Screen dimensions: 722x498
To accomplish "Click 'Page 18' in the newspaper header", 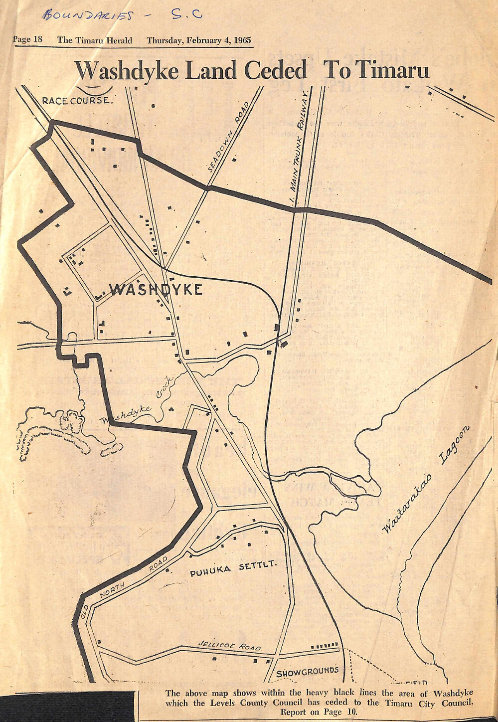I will coord(27,40).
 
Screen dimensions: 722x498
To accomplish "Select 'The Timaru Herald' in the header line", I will coord(95,40).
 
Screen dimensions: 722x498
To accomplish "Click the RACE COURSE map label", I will coord(78,101).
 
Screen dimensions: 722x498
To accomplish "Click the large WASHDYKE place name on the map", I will coord(156,290).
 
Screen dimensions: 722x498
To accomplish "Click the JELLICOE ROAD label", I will coord(229,646).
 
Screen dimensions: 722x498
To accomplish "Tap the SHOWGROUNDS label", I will coord(308,672).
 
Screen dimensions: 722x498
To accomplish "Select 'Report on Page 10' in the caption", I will coord(319,712).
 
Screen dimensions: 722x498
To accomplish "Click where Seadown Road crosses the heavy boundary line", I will coord(208,188).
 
